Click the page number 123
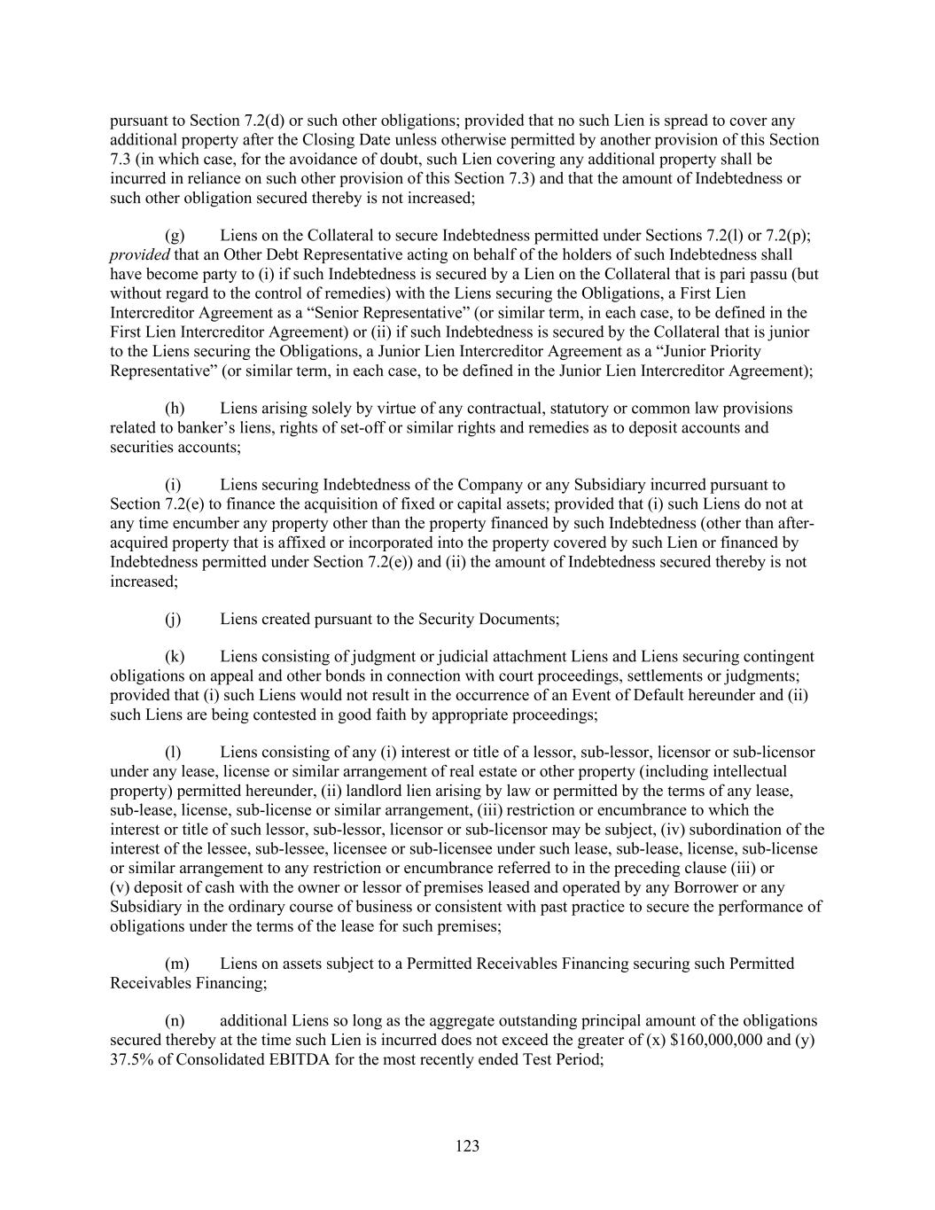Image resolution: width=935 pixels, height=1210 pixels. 467,1146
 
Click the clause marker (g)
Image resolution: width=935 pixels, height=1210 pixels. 175,235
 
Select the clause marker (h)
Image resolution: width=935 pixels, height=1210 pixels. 175,408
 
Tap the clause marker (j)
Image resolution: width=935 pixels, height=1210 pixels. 173,619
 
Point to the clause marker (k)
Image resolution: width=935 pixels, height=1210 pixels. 175,657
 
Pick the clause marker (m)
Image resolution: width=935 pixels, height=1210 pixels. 177,963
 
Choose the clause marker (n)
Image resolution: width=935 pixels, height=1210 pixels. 175,1020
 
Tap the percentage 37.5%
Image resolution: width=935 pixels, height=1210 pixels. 129,1059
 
